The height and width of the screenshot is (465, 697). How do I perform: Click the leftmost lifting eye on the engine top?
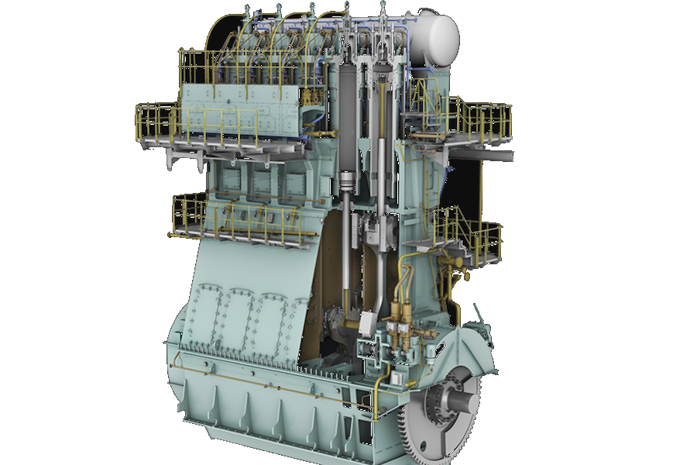(248, 9)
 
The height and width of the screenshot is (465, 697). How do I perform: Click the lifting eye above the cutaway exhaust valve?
(383, 9)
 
